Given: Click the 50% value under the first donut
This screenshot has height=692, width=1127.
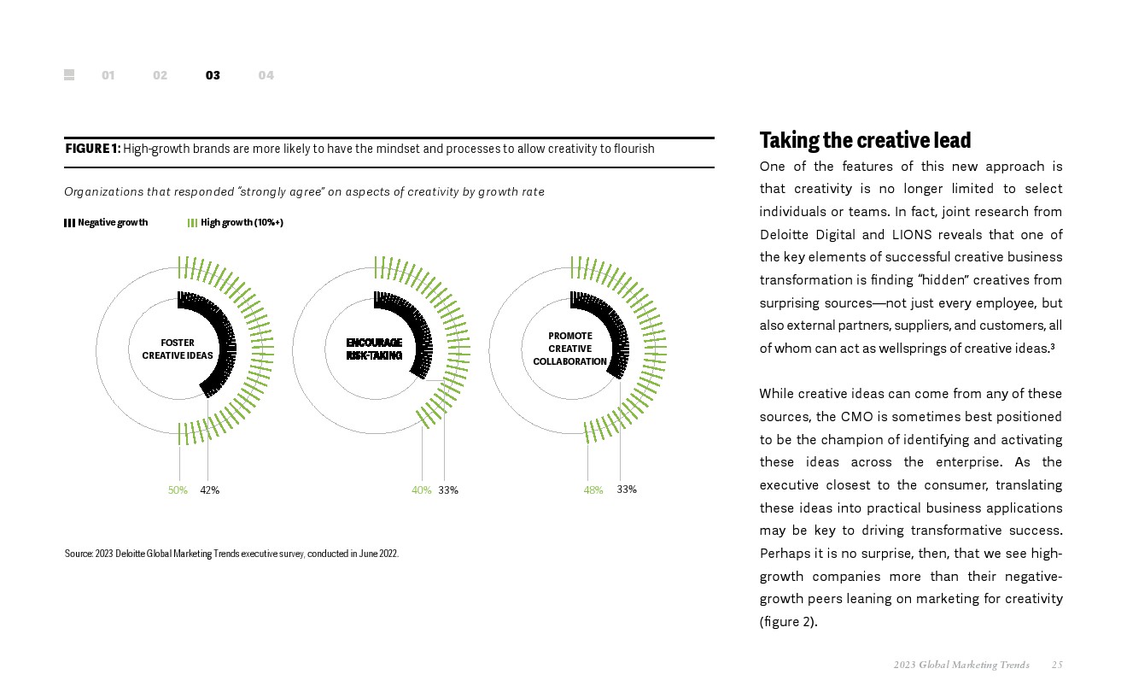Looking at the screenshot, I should click(178, 490).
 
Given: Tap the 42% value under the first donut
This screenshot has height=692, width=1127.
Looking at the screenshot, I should click(209, 490).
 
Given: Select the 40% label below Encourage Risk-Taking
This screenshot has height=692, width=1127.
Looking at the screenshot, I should click(421, 490).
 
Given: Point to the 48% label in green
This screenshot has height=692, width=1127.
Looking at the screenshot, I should click(593, 490).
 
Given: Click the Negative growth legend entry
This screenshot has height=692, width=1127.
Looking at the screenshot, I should click(106, 223).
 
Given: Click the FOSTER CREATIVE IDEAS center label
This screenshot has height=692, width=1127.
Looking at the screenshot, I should click(178, 349).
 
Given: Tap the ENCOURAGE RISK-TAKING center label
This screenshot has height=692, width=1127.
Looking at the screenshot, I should click(374, 349).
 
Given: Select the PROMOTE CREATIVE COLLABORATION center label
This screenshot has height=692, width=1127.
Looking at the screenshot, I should click(569, 349).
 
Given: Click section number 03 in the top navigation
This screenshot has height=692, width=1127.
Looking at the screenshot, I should click(213, 75).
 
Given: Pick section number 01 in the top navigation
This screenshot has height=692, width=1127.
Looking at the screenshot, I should click(108, 75).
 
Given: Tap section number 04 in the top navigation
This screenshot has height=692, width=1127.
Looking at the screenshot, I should click(266, 75).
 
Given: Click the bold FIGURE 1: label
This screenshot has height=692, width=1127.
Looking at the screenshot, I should click(92, 150).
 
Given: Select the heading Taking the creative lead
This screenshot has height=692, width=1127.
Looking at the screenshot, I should click(865, 140).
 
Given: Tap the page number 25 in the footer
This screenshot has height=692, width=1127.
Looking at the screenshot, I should click(1057, 665).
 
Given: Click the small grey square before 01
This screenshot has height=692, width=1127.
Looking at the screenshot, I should click(69, 75).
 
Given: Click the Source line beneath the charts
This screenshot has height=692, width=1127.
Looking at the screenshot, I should click(231, 554).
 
